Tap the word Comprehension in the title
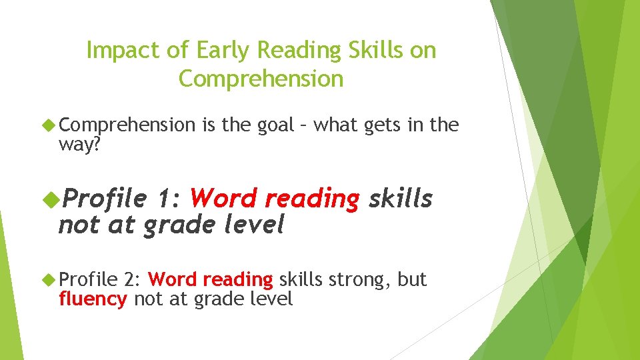point(261,79)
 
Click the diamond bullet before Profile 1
point(49,198)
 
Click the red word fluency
point(93,299)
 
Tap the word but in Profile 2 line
point(412,279)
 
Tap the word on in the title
point(423,51)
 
